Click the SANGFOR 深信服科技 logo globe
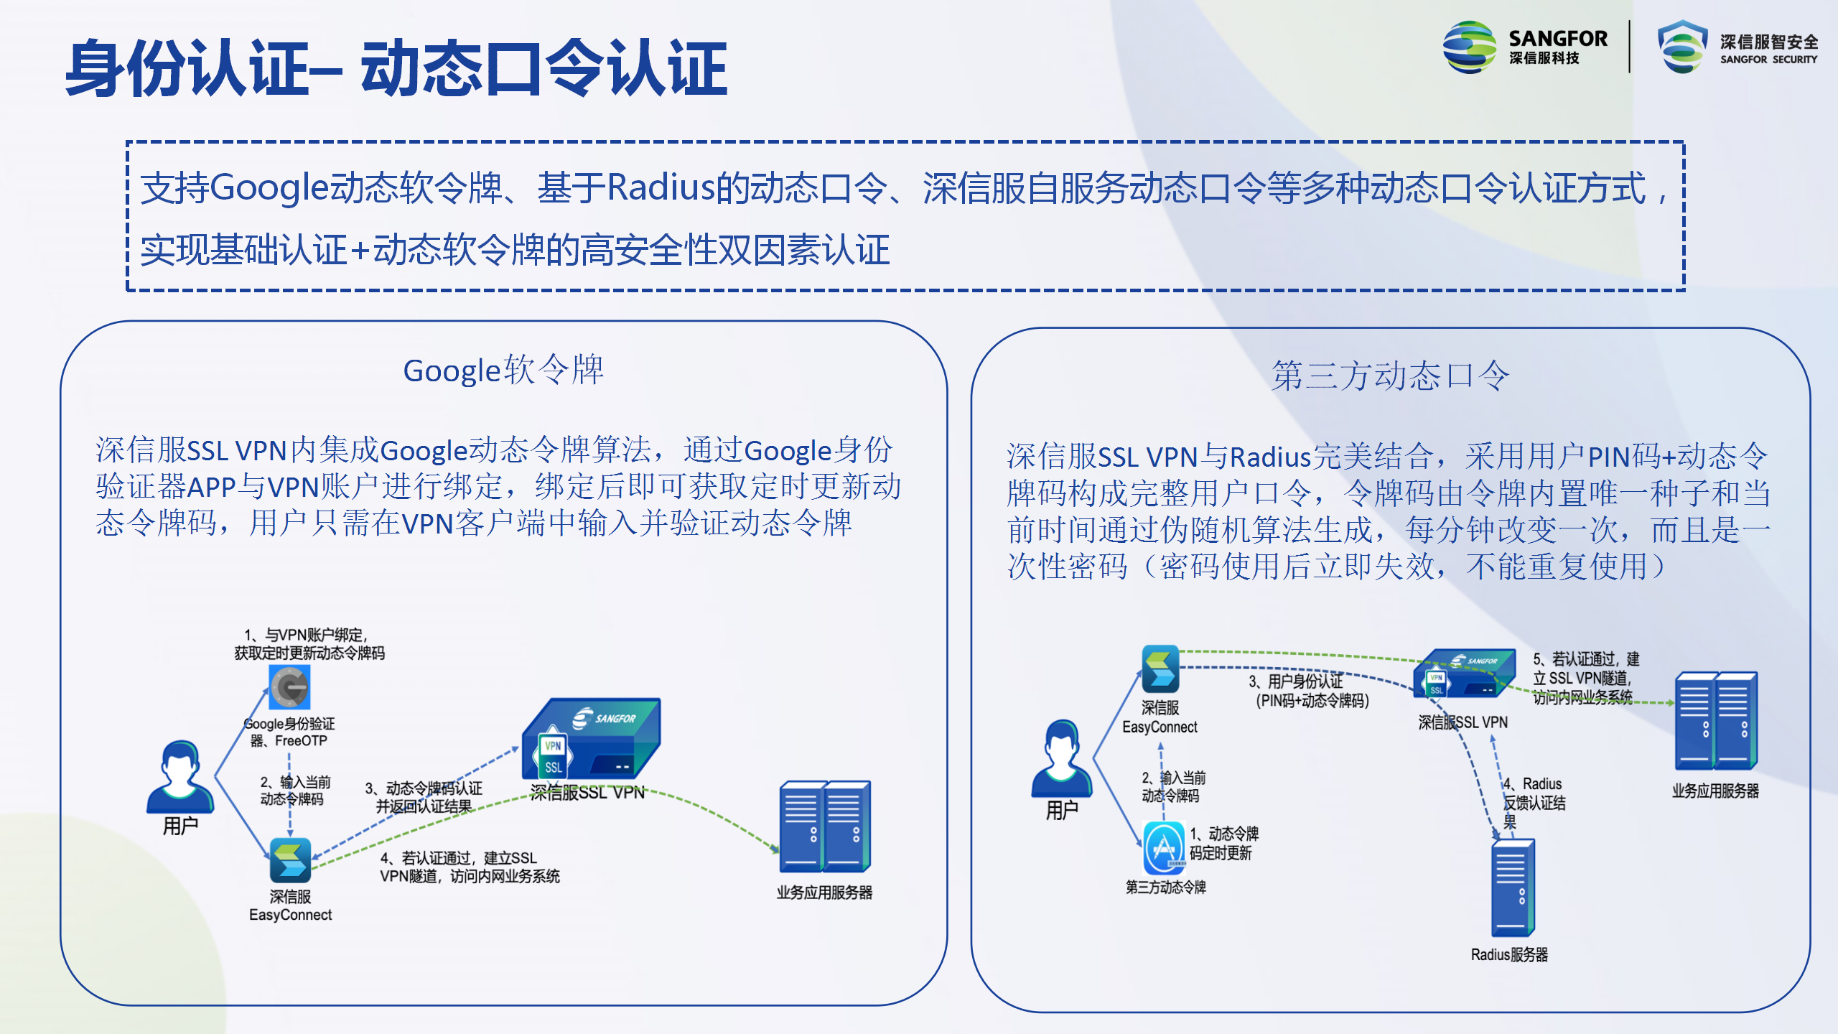pos(1469,47)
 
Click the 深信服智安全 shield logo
pos(1682,47)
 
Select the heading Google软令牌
pos(503,371)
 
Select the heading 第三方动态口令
pos(1391,376)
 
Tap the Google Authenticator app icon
pos(290,687)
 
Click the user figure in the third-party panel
pos(1062,759)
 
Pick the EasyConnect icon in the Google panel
pos(290,860)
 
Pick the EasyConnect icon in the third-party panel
pos(1160,669)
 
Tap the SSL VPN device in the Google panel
pos(591,740)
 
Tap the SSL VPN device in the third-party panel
pos(1464,674)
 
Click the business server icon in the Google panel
pos(825,826)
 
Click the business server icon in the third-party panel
pos(1716,721)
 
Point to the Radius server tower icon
pos(1513,888)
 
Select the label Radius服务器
pos(1509,955)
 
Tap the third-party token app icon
pos(1164,848)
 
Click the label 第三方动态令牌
pos(1166,888)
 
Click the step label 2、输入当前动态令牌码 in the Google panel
pos(295,791)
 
